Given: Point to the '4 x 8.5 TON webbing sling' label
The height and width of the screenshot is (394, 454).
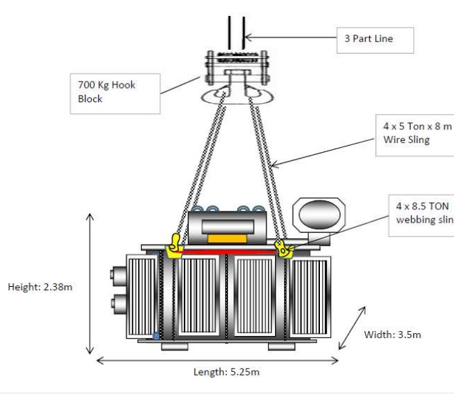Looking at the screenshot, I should point(422,214).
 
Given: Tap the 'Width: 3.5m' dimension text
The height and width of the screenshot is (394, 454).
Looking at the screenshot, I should point(392,335).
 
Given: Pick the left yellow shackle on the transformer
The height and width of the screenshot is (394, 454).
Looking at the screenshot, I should point(173,245).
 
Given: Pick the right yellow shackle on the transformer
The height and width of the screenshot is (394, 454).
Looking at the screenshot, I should point(283,249).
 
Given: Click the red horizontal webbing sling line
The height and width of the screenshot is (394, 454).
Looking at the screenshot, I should point(228,253).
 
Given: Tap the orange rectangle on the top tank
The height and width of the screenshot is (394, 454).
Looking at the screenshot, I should point(227,238).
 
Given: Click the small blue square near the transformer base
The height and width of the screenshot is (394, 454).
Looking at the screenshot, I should point(157,336).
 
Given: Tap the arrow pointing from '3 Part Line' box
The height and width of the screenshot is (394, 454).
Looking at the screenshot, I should point(290,38).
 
